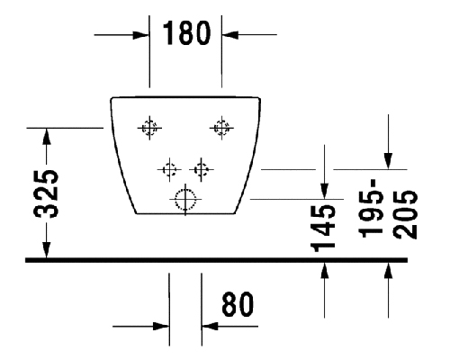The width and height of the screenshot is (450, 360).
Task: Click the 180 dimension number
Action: pos(186,32)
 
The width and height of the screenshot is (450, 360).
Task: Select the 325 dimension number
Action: pos(46,193)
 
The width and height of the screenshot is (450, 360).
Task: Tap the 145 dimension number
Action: pos(323,229)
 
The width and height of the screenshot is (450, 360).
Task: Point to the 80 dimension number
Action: pos(238,304)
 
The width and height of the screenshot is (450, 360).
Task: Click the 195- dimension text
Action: pos(372,208)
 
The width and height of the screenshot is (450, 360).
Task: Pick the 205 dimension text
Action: pos(405,214)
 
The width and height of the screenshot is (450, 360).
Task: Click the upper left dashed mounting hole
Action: pos(149,128)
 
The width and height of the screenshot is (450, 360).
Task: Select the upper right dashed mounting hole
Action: pos(221,128)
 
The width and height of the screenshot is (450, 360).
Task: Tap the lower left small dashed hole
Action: pos(169,169)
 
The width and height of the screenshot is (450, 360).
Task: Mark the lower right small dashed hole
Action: pos(202,169)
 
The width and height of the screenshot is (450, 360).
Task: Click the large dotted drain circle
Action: pos(185,199)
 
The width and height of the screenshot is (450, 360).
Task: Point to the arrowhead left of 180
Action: pos(141,35)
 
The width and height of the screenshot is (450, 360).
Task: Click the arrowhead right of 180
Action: pos(230,35)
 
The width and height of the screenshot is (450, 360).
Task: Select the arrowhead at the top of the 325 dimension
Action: pos(46,136)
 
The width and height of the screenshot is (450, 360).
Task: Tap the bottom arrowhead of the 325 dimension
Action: pos(46,250)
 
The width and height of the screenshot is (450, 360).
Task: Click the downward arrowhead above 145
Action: pos(324,191)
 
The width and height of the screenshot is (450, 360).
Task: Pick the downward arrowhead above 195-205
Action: pos(388,161)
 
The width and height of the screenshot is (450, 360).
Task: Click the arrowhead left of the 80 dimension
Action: pos(161,326)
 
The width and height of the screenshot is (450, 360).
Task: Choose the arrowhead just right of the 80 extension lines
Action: pos(210,326)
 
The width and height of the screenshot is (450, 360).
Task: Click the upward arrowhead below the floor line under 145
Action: pos(324,271)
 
